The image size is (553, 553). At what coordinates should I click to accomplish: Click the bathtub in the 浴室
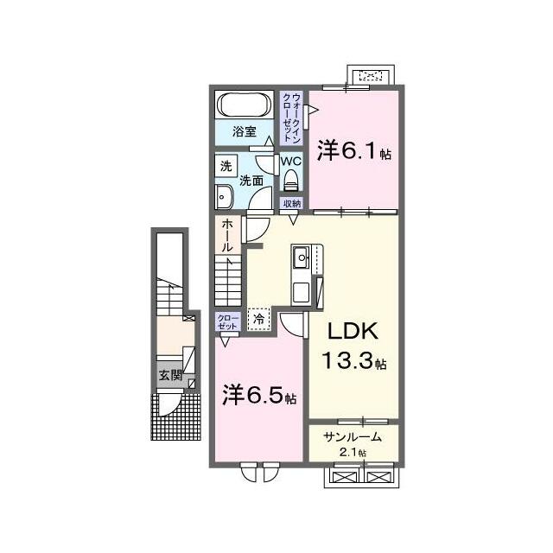(x=245, y=105)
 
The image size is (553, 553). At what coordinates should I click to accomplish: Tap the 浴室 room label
(x=244, y=132)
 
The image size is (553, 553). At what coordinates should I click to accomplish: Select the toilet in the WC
(x=292, y=180)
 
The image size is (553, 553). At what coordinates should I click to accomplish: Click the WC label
(x=291, y=162)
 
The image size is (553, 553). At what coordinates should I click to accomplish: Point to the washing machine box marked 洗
(x=226, y=165)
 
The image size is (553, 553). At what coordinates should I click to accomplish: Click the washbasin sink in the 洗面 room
(x=222, y=197)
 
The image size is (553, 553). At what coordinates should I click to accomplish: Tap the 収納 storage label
(x=292, y=203)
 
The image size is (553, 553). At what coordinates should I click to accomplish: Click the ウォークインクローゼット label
(x=292, y=118)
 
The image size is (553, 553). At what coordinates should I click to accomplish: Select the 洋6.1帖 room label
(x=354, y=151)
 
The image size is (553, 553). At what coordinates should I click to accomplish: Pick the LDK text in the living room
(x=353, y=331)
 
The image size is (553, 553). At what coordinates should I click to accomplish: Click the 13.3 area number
(x=347, y=360)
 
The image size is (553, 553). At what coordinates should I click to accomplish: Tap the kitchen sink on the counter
(x=302, y=257)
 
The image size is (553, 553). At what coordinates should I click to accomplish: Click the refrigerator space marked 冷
(x=259, y=320)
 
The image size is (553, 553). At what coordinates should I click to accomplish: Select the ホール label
(x=227, y=236)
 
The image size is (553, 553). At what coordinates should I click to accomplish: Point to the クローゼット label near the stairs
(x=227, y=321)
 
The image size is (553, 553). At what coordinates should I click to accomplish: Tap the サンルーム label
(x=353, y=437)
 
